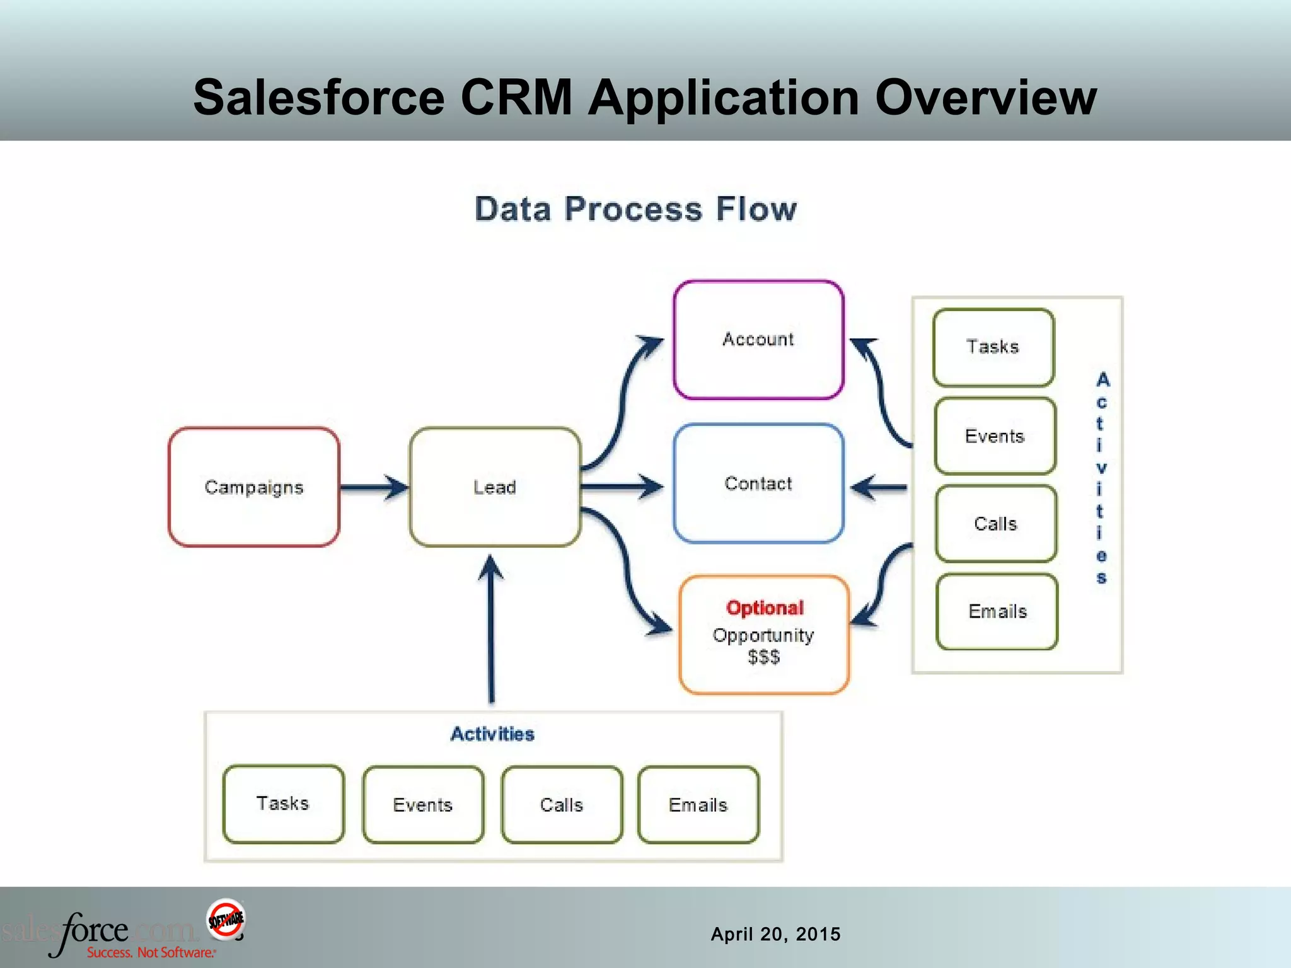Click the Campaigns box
[x=254, y=487]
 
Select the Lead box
[x=495, y=487]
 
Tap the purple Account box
[x=758, y=340]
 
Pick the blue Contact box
[x=758, y=483]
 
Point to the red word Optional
[x=765, y=608]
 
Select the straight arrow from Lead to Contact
[x=621, y=487]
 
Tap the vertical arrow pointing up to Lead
[x=491, y=630]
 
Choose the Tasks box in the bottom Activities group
[x=283, y=804]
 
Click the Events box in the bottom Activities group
[x=423, y=805]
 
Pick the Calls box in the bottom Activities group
[x=562, y=805]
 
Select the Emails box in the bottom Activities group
[x=698, y=805]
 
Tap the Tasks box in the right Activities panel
[x=993, y=347]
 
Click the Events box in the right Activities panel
[x=995, y=436]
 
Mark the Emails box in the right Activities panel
[x=997, y=611]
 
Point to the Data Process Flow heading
[x=635, y=209]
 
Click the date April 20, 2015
[x=775, y=934]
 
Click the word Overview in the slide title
[x=986, y=98]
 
